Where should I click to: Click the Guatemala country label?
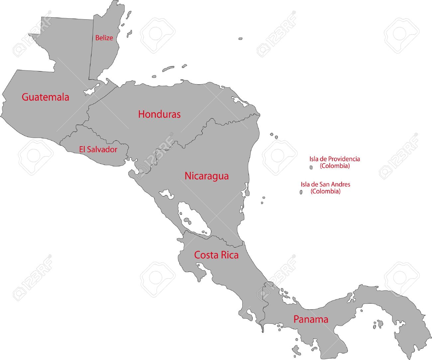point(46,97)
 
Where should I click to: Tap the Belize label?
point(104,38)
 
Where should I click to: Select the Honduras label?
point(159,114)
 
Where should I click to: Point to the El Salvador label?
point(98,149)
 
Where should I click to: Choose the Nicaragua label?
point(206,176)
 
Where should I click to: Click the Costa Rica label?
point(216,255)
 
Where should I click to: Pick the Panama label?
point(311,319)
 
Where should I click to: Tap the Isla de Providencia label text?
point(335,159)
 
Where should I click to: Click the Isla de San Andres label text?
point(325,184)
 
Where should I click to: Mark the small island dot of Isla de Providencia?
point(311,168)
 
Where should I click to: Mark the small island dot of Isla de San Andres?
point(301,192)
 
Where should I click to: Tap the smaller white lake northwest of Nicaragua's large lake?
point(166,194)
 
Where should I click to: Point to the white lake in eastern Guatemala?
point(92,89)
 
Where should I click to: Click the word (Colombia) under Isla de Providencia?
point(335,166)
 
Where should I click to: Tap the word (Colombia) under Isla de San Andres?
point(325,191)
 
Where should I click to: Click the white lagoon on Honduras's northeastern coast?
point(240,101)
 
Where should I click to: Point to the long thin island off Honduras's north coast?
point(168,69)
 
